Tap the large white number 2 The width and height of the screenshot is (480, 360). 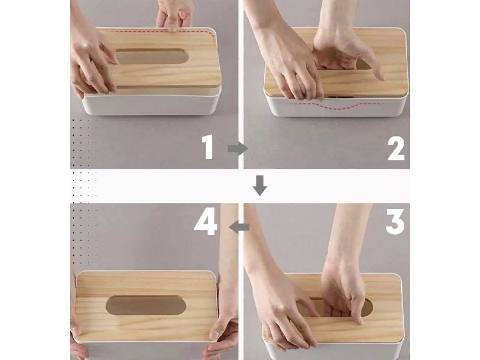[396, 149]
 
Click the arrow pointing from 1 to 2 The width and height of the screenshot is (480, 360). [238, 149]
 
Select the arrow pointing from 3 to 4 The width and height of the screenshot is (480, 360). [239, 227]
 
